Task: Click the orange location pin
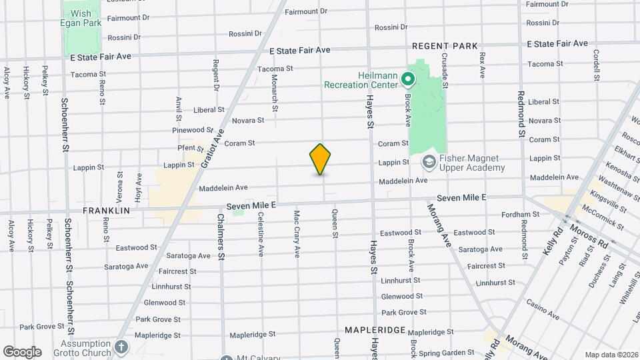(x=321, y=159)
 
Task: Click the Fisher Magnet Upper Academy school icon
(x=429, y=162)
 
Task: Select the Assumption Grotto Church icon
(x=121, y=347)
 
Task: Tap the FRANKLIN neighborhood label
(x=106, y=210)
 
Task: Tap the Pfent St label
(x=191, y=148)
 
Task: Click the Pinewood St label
(x=192, y=130)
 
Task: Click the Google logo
(x=22, y=351)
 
